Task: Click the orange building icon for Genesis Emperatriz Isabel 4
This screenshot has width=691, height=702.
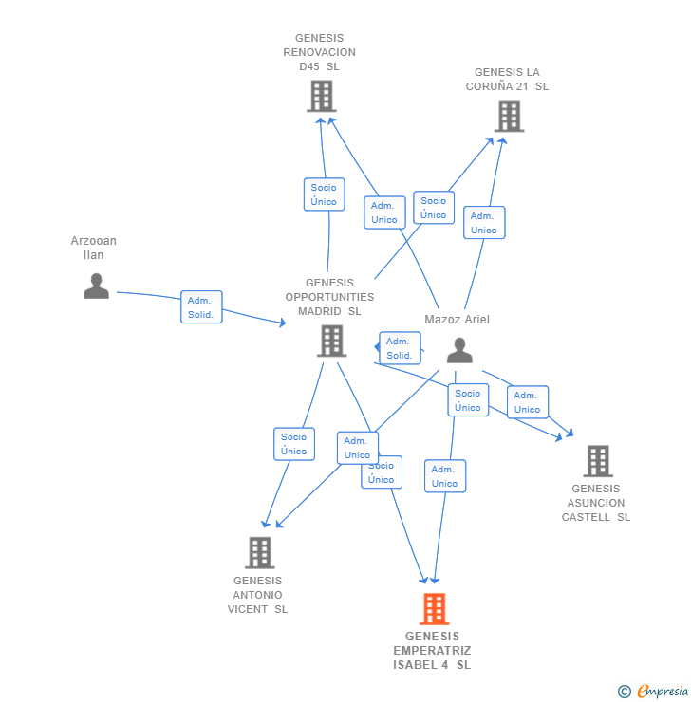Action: coord(434,609)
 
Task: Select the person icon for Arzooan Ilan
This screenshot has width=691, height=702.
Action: coord(96,286)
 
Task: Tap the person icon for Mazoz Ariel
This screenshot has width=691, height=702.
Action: coord(459,350)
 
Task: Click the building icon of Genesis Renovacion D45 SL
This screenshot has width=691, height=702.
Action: coord(322,96)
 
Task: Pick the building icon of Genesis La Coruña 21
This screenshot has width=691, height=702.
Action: coord(509,116)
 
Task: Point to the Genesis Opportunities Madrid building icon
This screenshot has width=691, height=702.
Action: coord(331,341)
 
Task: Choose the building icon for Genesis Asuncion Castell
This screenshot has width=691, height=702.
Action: coord(597,461)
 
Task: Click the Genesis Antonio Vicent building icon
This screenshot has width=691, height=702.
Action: coord(259,552)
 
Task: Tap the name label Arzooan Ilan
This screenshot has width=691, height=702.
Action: coord(93,248)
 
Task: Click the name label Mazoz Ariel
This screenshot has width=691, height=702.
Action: coord(457,320)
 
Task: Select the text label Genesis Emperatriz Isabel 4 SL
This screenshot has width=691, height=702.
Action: coord(432,650)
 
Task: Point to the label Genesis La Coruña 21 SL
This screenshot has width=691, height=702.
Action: coord(507,79)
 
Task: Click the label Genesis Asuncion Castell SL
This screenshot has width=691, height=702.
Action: coord(596,503)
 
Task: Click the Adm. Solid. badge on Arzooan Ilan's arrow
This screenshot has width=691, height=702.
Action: coord(201,307)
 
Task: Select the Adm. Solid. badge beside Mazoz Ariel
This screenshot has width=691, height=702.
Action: coord(400,348)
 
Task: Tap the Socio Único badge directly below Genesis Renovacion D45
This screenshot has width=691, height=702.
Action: coord(324,194)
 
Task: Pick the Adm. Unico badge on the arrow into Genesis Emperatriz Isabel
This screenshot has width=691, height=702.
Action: coord(444,476)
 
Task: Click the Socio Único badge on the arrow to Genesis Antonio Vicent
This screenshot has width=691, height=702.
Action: coord(294,444)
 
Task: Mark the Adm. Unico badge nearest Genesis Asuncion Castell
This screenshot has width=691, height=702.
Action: coord(527,402)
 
